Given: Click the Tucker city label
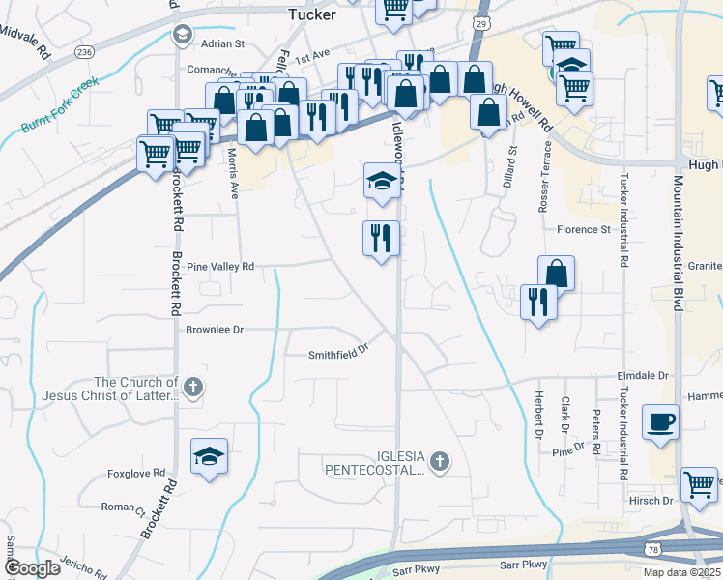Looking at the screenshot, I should [x=312, y=14].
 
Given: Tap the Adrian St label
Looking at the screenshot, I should [x=223, y=43].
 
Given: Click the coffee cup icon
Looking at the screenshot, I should [x=661, y=422].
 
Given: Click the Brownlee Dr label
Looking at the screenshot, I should [x=215, y=330].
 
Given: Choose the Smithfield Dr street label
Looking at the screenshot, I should [x=339, y=354].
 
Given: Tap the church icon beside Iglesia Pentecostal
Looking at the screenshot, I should [x=441, y=461].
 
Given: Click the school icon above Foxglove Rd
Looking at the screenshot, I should [x=209, y=458].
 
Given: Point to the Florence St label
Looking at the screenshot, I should [x=584, y=230].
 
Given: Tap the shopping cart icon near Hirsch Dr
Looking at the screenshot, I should [x=698, y=484].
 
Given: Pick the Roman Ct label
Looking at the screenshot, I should [x=123, y=507].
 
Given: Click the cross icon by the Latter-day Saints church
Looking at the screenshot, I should [x=193, y=389].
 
